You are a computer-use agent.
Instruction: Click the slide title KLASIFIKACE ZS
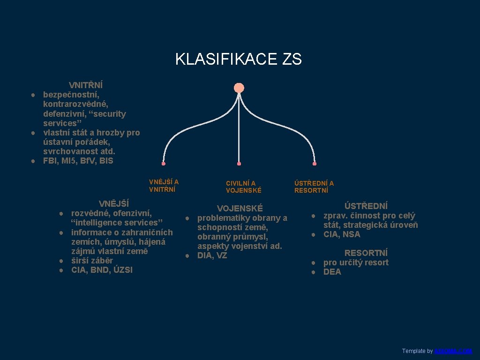[x=238, y=60]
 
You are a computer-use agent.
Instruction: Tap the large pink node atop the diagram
[x=239, y=88]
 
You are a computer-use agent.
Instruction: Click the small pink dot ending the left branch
[x=164, y=164]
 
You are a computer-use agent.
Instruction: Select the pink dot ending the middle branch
[x=239, y=164]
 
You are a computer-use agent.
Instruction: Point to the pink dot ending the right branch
[x=315, y=164]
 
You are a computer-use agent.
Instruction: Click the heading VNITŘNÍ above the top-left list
[x=86, y=85]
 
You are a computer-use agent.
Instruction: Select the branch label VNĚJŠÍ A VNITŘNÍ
[x=164, y=186]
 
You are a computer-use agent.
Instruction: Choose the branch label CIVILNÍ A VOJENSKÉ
[x=244, y=187]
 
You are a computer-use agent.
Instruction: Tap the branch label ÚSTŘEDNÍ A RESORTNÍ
[x=314, y=187]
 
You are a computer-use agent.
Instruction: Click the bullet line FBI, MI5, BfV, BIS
[x=78, y=161]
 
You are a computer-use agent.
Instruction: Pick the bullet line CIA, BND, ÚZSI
[x=102, y=270]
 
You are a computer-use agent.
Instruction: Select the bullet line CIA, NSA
[x=342, y=234]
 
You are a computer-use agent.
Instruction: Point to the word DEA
[x=332, y=272]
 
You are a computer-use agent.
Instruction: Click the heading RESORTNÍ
[x=366, y=253]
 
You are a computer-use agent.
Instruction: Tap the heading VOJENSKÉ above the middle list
[x=240, y=209]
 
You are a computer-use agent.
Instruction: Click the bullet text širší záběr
[x=92, y=261]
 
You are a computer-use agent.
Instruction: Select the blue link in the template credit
[x=453, y=351]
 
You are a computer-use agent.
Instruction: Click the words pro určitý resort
[x=356, y=262]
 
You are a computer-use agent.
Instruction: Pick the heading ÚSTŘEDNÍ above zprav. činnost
[x=366, y=206]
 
